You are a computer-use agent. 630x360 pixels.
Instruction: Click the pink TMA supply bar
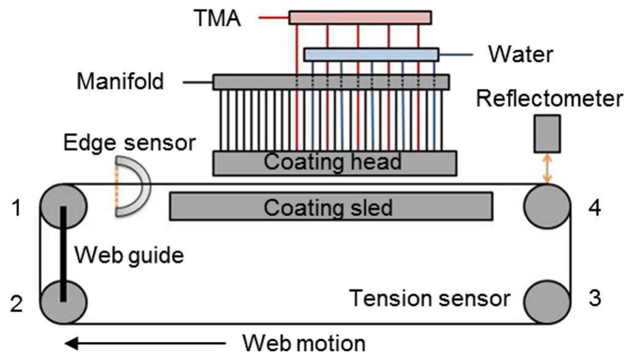point(360,17)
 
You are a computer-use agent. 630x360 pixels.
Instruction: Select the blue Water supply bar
point(371,55)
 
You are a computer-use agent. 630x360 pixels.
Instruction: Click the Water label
point(520,55)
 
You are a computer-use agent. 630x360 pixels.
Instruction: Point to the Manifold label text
point(120,81)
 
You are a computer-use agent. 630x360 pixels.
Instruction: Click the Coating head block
point(333,163)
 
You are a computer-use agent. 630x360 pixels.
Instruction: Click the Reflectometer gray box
point(547,133)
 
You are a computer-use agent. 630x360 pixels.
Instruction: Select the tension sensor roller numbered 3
point(547,299)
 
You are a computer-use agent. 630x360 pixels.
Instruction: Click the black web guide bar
point(63,253)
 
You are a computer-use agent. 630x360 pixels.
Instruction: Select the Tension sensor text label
point(430,299)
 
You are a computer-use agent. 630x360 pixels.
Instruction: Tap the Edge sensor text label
point(129,142)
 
